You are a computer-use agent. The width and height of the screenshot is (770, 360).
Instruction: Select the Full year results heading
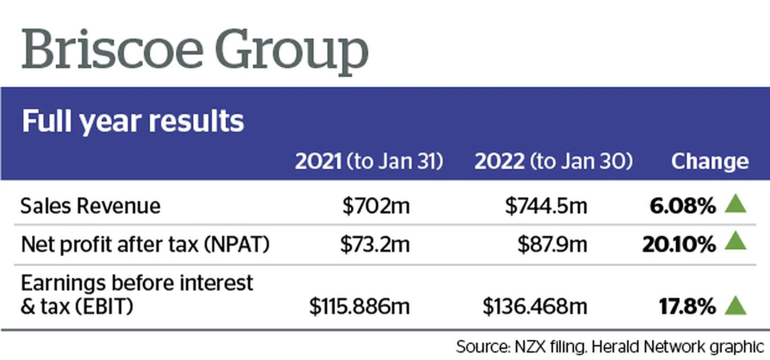pos(133,121)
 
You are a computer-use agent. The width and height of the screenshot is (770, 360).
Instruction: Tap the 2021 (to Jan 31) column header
pos(369,162)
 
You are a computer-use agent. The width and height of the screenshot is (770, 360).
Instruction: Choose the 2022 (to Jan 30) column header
pos(553,162)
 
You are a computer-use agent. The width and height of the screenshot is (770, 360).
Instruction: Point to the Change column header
pos(710,162)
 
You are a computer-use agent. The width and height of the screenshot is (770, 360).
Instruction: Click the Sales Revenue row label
pos(90,206)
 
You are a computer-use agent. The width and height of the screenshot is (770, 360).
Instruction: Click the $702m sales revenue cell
pos(376,206)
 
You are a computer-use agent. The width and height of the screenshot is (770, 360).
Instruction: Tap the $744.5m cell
pos(545,206)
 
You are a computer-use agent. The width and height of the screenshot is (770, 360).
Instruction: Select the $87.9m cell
pos(552,244)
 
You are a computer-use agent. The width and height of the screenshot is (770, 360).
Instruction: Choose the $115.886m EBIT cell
pos(359,307)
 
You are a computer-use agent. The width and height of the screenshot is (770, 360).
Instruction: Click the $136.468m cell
pos(535,307)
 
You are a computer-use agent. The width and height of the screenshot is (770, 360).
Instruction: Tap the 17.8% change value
pos(687,307)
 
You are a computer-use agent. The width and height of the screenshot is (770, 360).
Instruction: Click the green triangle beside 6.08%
pos(735,204)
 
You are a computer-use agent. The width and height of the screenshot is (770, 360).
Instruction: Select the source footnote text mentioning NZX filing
pos(610,347)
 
